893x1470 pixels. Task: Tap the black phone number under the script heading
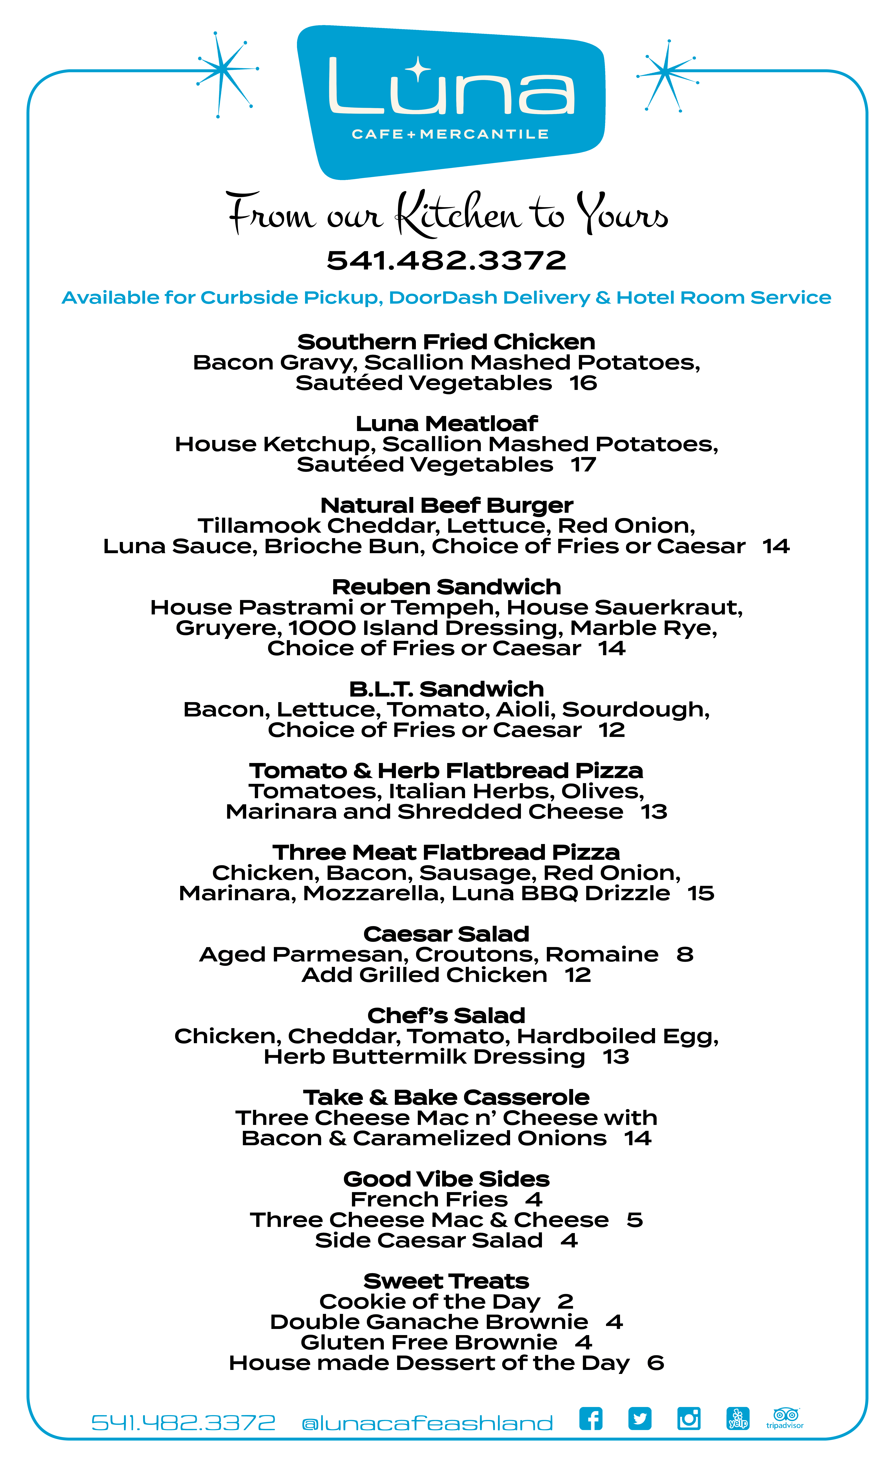pyautogui.click(x=446, y=261)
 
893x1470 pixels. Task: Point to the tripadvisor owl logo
pyautogui.click(x=785, y=1416)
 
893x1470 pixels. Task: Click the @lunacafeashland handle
pyautogui.click(x=427, y=1423)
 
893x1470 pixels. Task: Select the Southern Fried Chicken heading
pyautogui.click(x=446, y=342)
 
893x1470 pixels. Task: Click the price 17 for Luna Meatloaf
pyautogui.click(x=583, y=464)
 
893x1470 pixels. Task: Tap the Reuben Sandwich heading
pyautogui.click(x=446, y=586)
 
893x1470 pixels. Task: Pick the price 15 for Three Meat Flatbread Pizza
pyautogui.click(x=700, y=893)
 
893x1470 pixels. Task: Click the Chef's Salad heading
pyautogui.click(x=446, y=1015)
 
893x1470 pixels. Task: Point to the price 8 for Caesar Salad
pyautogui.click(x=685, y=955)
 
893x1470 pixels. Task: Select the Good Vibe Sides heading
pyautogui.click(x=446, y=1179)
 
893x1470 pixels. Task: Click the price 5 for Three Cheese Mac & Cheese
pyautogui.click(x=635, y=1220)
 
